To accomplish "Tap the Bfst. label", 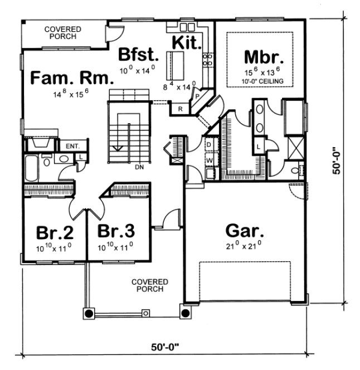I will click(138, 55).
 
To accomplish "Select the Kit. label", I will click(186, 43).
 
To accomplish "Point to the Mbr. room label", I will click(264, 58).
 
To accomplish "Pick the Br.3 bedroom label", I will click(116, 231).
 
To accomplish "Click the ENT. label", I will click(72, 146).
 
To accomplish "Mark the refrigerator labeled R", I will click(181, 109).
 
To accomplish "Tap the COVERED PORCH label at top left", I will click(62, 32).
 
